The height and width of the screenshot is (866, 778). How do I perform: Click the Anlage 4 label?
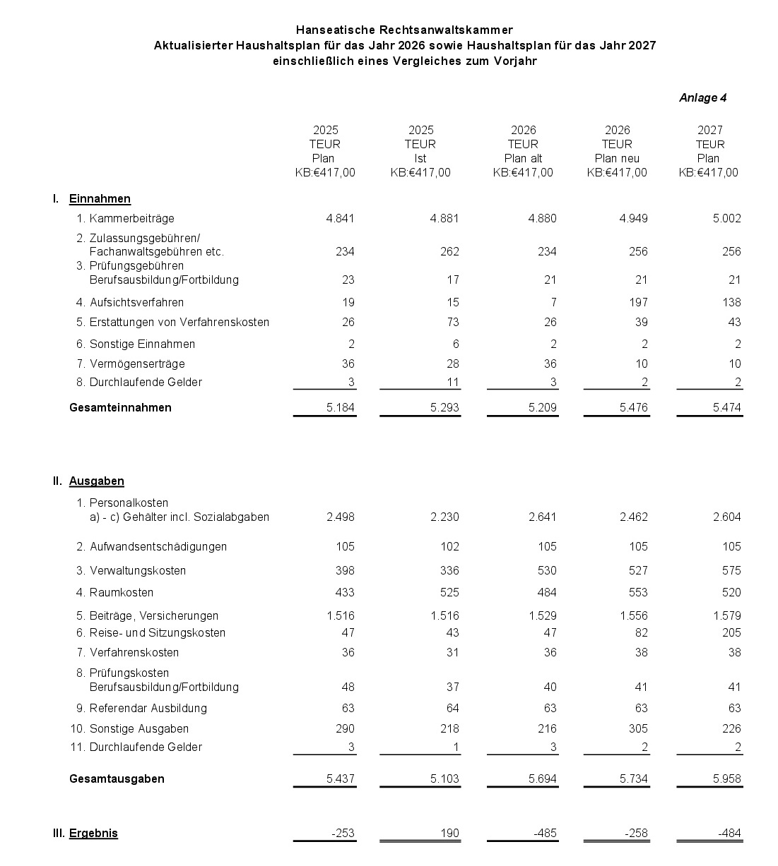point(702,98)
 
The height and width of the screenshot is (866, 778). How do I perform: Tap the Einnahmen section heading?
point(100,199)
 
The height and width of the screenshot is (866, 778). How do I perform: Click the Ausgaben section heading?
point(97,481)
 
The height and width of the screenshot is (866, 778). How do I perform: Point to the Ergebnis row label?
point(93,834)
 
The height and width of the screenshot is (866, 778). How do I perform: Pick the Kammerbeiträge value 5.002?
point(727,219)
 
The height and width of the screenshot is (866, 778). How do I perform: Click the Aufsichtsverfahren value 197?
point(637,303)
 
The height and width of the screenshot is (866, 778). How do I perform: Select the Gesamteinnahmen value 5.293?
point(444,408)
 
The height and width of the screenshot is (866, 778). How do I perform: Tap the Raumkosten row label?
point(122,593)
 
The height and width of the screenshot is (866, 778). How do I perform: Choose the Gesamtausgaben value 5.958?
point(727,779)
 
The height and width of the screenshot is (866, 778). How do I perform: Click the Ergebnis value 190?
point(449,834)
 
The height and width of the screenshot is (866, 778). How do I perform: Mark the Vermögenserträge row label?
point(137,364)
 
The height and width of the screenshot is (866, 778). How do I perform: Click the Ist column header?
point(420,159)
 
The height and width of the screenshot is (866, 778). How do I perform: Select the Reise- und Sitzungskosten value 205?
point(731,633)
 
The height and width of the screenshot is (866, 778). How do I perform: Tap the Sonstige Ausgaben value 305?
point(637,729)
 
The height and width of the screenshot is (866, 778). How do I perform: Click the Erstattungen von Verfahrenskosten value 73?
point(452,323)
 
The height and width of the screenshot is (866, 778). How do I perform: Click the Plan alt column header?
point(523,159)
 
